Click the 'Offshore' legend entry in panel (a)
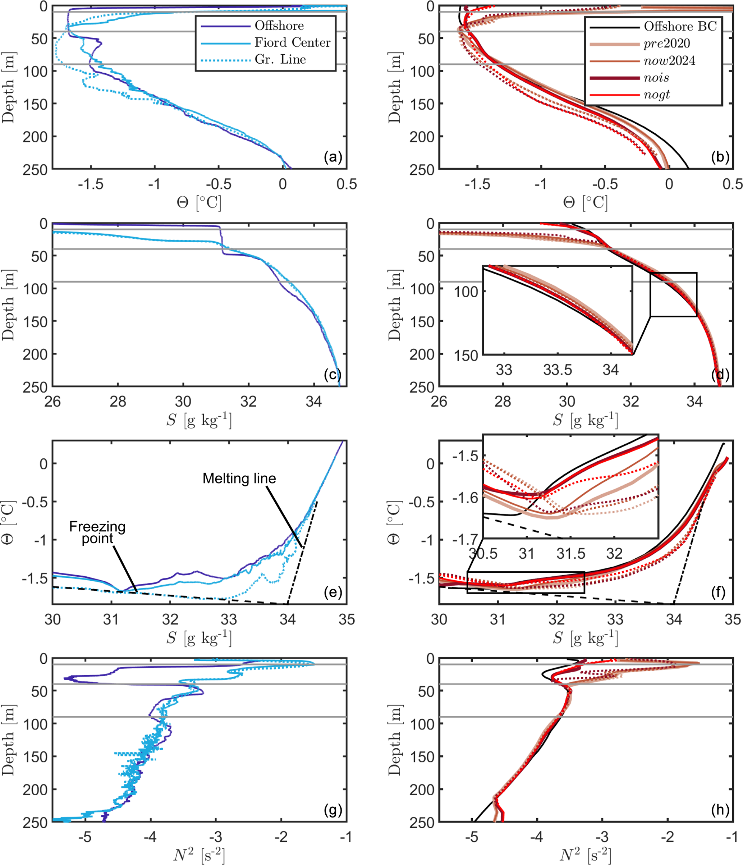pyautogui.click(x=279, y=26)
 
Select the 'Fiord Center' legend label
pyautogui.click(x=292, y=42)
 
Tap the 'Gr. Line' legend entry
pyautogui.click(x=280, y=60)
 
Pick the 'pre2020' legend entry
pyautogui.click(x=666, y=44)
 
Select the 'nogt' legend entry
pyautogui.click(x=657, y=95)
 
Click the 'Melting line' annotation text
pyautogui.click(x=239, y=479)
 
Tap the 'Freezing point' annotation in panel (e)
pyautogui.click(x=97, y=533)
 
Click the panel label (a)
pyautogui.click(x=333, y=157)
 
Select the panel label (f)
pyautogui.click(x=720, y=592)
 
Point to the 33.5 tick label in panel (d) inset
pyautogui.click(x=557, y=370)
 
